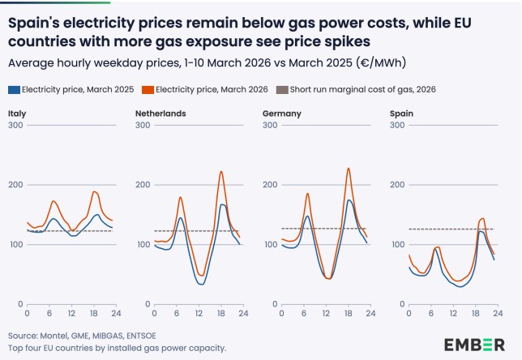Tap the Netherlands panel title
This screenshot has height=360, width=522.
point(160,113)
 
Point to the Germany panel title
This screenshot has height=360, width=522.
point(281,113)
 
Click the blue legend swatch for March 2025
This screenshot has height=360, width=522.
point(13,89)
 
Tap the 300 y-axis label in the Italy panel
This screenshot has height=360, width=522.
point(15,125)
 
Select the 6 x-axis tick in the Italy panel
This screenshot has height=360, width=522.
point(50,314)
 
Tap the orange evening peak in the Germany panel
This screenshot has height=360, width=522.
point(348,169)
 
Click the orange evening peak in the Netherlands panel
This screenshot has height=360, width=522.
point(220,171)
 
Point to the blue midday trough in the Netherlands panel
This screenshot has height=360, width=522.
point(200,285)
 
